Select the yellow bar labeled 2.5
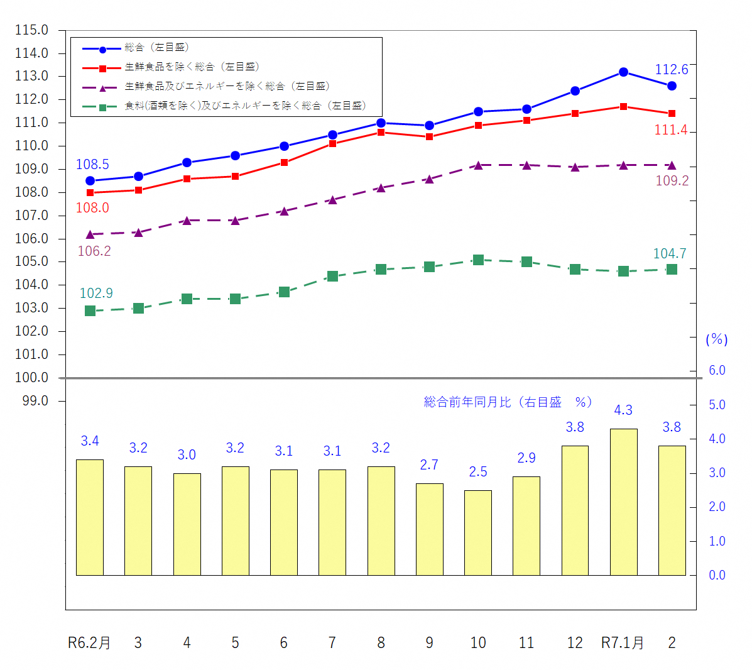(x=477, y=532)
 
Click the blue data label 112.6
(x=671, y=70)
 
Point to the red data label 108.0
(x=92, y=208)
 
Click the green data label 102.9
(x=96, y=294)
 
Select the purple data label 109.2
(x=672, y=181)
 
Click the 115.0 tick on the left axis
(x=31, y=30)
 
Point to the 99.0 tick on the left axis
(x=35, y=401)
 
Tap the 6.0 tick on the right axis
(x=717, y=370)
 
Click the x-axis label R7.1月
(x=622, y=643)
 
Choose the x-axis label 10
(x=477, y=643)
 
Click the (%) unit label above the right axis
(x=716, y=339)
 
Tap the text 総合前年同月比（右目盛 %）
(x=508, y=402)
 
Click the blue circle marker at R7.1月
(x=623, y=72)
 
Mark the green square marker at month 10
(x=478, y=260)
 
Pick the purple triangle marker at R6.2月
(x=90, y=234)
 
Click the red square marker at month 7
(x=332, y=144)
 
